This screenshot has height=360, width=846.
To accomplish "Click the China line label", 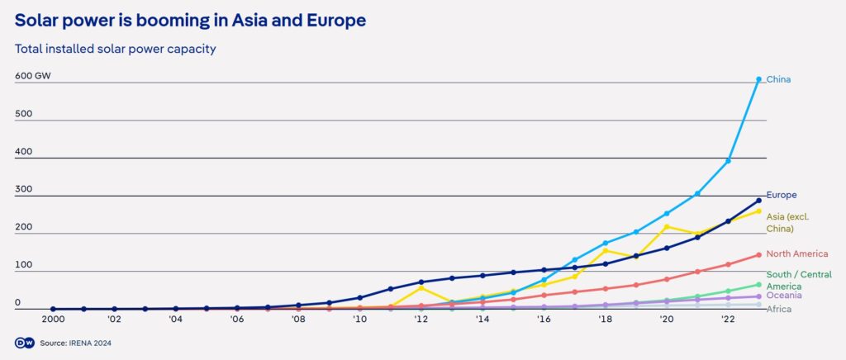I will click(779, 79).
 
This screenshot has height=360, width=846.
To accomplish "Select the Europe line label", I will click(781, 195).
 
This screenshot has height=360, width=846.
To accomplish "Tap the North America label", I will click(798, 254).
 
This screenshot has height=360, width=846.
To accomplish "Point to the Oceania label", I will click(785, 296).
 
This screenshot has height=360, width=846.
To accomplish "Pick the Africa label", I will click(780, 309).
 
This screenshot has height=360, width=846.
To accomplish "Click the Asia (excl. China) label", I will click(787, 222).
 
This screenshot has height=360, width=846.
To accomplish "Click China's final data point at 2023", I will click(758, 79).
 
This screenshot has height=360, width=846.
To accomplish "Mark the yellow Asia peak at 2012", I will click(421, 287).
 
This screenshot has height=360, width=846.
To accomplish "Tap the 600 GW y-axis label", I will click(33, 77).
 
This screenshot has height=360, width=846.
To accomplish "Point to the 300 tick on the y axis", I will click(23, 189).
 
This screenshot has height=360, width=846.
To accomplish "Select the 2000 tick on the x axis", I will click(53, 318).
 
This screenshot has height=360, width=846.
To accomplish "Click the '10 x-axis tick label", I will click(359, 318).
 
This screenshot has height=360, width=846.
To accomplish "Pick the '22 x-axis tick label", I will click(728, 318).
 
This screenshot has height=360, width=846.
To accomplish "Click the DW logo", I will click(23, 342).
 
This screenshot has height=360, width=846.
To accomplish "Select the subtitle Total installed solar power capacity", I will click(116, 49).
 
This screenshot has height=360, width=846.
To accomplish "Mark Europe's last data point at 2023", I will click(758, 201).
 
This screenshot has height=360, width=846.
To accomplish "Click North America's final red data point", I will click(758, 255).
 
